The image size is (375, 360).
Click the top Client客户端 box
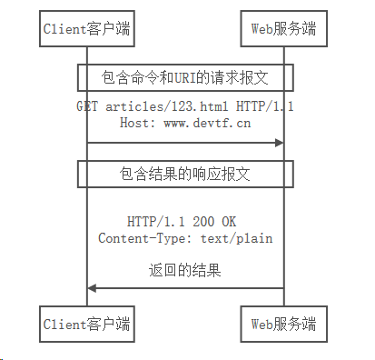point(87,29)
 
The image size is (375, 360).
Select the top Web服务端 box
point(283,29)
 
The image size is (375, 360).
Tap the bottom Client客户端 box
point(87,323)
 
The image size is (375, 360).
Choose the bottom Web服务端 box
point(283,323)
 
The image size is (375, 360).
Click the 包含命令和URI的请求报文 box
point(186,75)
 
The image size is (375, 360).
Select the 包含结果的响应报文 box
point(186,173)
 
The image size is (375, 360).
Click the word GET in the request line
point(87,106)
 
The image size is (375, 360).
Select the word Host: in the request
point(139,123)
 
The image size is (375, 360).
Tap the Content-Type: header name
point(140,238)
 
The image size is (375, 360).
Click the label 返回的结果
point(185,270)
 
